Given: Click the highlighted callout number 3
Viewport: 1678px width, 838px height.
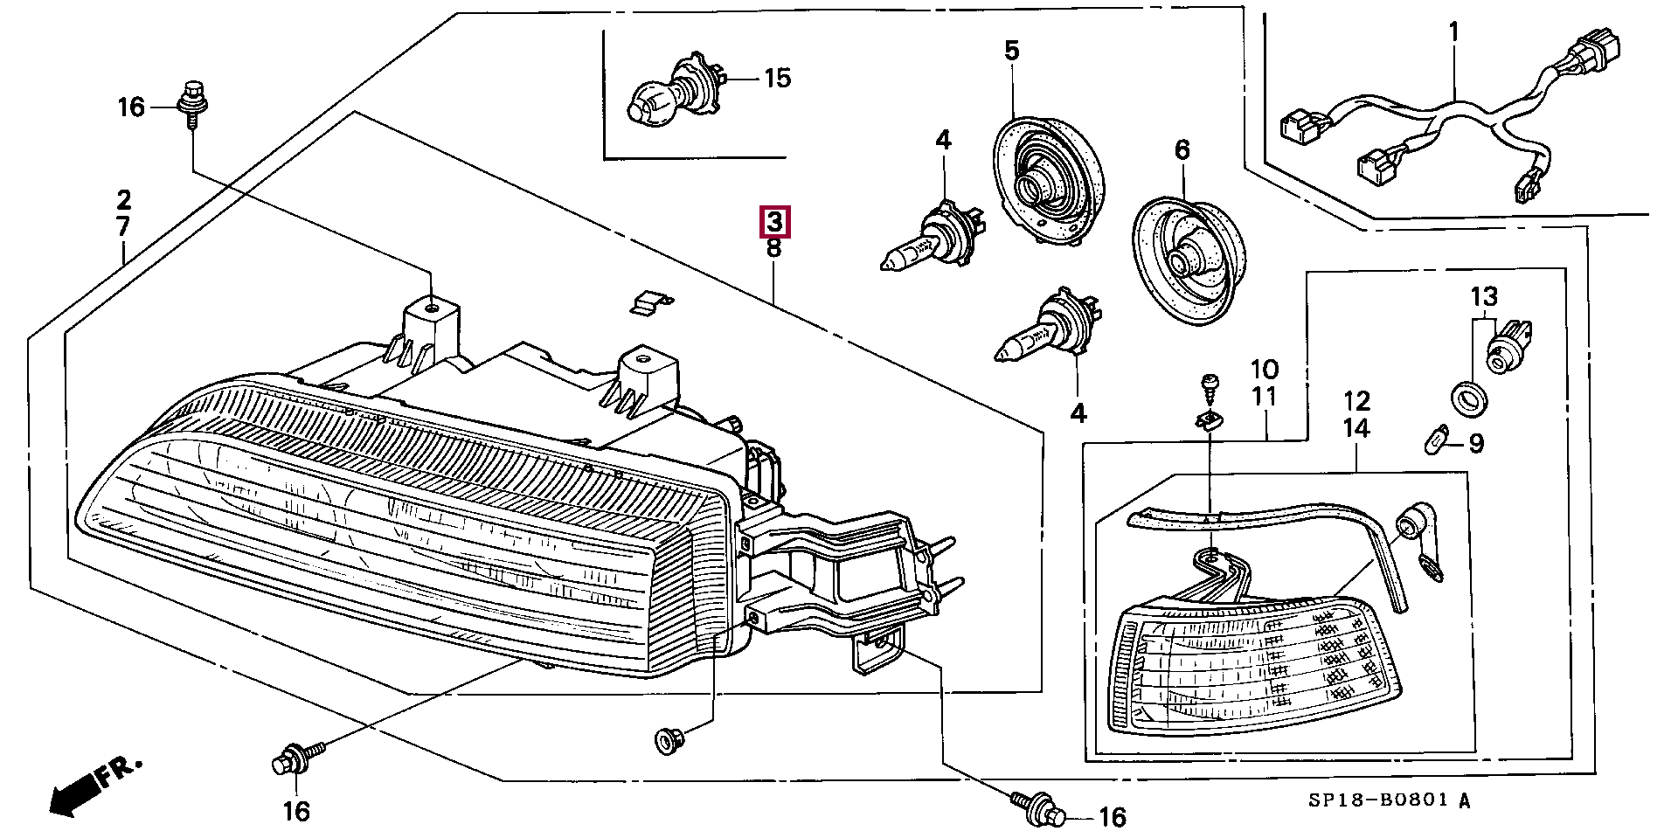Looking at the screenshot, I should pyautogui.click(x=774, y=222).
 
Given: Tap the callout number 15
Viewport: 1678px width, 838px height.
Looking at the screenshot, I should pyautogui.click(x=777, y=79).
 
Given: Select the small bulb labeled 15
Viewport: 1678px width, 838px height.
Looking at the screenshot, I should pyautogui.click(x=671, y=90).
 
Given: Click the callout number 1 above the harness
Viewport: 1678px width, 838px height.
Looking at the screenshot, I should pyautogui.click(x=1453, y=33).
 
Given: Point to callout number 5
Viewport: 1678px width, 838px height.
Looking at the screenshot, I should pyautogui.click(x=1011, y=51).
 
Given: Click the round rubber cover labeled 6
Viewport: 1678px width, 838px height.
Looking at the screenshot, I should pyautogui.click(x=1188, y=260).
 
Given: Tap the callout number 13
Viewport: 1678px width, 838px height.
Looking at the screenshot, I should pyautogui.click(x=1484, y=297).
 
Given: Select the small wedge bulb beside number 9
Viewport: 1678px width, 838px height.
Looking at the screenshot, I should pyautogui.click(x=1436, y=439).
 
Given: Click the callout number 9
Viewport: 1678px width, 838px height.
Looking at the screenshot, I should pyautogui.click(x=1476, y=444).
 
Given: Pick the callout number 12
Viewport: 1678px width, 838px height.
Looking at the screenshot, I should pyautogui.click(x=1356, y=401).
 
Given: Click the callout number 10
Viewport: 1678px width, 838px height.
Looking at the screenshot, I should pyautogui.click(x=1265, y=370).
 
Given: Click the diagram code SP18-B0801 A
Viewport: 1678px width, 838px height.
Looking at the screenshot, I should pyautogui.click(x=1389, y=800).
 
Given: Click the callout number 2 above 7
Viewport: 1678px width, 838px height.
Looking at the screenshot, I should pyautogui.click(x=123, y=199).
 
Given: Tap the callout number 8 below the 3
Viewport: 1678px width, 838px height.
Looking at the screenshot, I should pyautogui.click(x=774, y=249).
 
